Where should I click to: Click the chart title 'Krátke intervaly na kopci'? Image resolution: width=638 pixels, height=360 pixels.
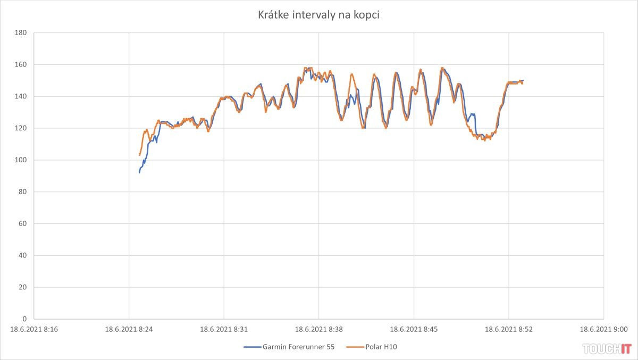(x=318, y=15)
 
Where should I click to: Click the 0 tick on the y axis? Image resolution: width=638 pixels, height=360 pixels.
(x=24, y=319)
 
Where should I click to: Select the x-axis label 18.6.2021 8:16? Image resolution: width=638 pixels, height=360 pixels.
(x=34, y=329)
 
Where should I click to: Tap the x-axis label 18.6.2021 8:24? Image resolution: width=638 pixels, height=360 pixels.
(x=129, y=329)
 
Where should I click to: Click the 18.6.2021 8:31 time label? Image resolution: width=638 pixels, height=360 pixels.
(x=224, y=329)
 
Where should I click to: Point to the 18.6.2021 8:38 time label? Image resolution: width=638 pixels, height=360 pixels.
(x=319, y=329)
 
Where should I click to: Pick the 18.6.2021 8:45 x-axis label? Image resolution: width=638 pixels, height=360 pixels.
(x=414, y=329)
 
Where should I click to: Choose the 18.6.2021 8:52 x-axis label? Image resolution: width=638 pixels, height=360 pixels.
(x=509, y=329)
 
